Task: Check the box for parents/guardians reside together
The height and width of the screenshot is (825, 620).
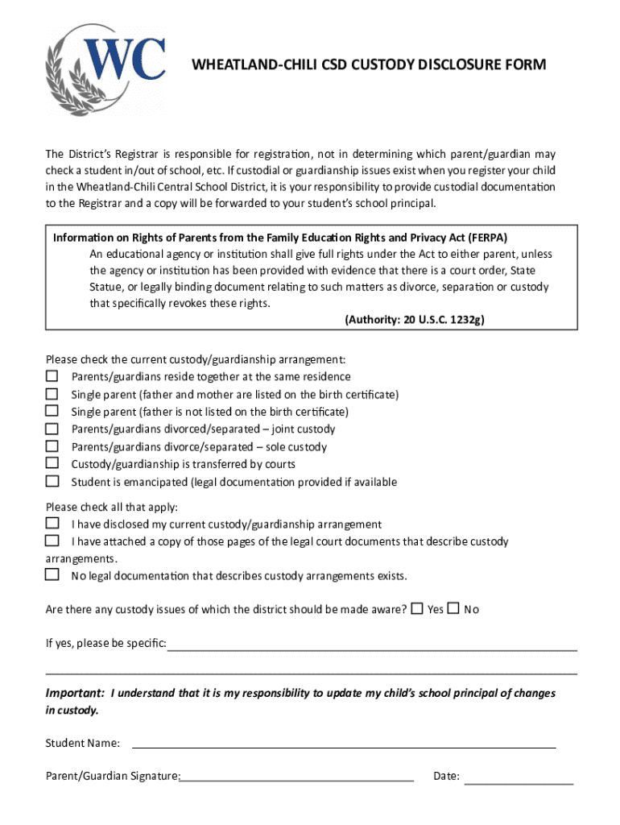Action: (x=52, y=376)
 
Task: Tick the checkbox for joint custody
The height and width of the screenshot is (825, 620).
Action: (x=52, y=429)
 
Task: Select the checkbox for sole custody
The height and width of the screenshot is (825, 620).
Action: (x=52, y=446)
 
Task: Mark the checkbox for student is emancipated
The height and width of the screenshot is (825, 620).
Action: (x=52, y=481)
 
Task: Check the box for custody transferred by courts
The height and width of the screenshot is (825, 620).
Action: (x=52, y=463)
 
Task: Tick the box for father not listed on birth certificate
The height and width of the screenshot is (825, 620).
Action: (x=52, y=411)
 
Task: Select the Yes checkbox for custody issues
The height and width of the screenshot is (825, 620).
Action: (x=416, y=608)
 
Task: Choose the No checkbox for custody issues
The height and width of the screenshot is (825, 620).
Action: (x=453, y=608)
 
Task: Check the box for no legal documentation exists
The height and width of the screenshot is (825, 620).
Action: (x=52, y=575)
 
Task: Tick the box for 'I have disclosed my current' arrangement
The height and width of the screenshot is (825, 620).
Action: (x=52, y=524)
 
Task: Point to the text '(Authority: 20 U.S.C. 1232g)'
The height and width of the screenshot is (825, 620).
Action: (x=414, y=319)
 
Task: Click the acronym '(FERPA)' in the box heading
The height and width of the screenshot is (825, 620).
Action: (x=486, y=238)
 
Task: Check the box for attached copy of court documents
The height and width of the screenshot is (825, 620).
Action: (x=52, y=541)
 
